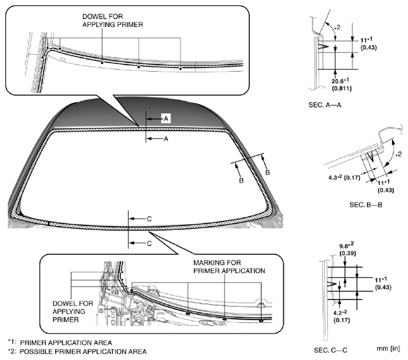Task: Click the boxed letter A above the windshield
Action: point(166,118)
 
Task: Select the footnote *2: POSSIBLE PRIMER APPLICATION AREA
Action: point(76,351)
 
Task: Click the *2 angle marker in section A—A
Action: point(335,27)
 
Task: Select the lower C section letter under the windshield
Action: point(149,243)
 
